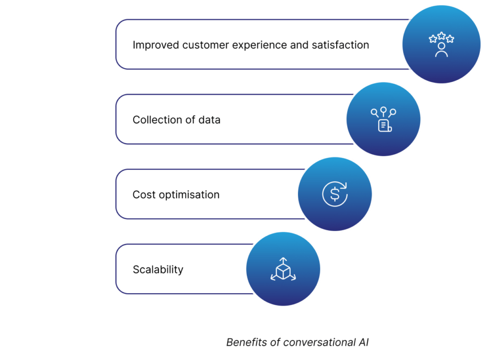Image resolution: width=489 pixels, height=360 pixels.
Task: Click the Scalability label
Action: [158, 270]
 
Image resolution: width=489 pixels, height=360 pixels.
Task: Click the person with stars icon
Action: [441, 44]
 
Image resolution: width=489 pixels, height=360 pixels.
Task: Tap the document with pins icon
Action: [383, 119]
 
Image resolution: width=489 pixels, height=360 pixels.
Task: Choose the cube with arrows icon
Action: [283, 270]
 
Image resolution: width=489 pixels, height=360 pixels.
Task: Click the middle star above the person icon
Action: [441, 35]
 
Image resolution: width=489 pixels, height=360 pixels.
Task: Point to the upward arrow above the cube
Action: [283, 260]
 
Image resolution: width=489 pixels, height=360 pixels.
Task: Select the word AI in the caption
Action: [363, 342]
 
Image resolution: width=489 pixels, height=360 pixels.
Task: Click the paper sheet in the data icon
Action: [384, 126]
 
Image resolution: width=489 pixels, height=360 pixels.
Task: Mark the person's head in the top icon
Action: [441, 46]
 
